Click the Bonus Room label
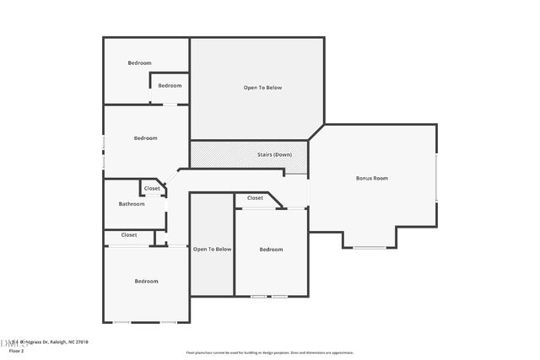pyautogui.click(x=372, y=178)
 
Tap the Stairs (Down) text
pyautogui.click(x=274, y=154)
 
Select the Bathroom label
pyautogui.click(x=132, y=203)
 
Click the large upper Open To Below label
pyautogui.click(x=262, y=87)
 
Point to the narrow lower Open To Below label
pyautogui.click(x=212, y=249)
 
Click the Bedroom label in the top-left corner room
pyautogui.click(x=139, y=63)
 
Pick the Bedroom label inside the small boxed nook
pyautogui.click(x=170, y=85)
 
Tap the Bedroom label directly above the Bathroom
pyautogui.click(x=145, y=138)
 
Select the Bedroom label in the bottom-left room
pyautogui.click(x=146, y=281)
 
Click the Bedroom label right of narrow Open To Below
pyautogui.click(x=271, y=249)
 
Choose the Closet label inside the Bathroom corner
pyautogui.click(x=152, y=188)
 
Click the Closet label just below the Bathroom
pyautogui.click(x=129, y=234)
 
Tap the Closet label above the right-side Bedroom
pyautogui.click(x=255, y=198)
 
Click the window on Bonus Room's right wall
pyautogui.click(x=437, y=178)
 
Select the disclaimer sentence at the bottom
pyautogui.click(x=270, y=352)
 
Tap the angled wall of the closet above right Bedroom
pyautogui.click(x=276, y=197)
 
